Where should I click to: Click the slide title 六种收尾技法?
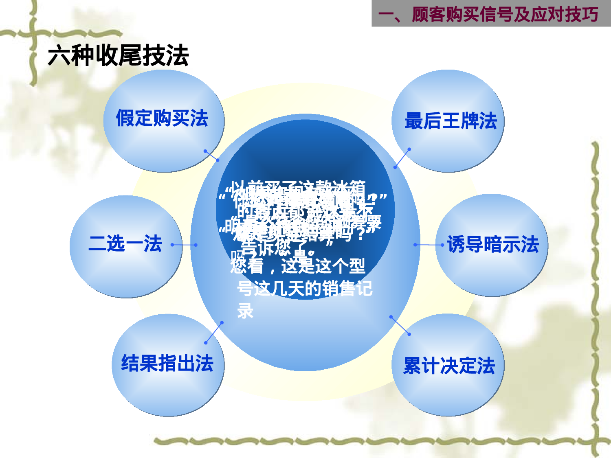coord(118,56)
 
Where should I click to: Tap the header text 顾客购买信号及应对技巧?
coord(505,15)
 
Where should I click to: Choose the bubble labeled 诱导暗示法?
coord(492,245)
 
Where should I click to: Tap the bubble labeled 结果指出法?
coord(167,364)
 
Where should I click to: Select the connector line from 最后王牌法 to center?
coord(402,158)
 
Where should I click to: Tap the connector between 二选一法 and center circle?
coord(184,245)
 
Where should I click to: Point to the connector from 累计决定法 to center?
coord(400,325)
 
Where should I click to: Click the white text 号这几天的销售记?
coord(305,289)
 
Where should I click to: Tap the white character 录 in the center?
coord(245,311)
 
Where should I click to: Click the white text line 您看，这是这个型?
coord(298,267)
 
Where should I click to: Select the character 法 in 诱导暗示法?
coord(530,245)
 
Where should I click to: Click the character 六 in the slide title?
coord(59,56)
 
